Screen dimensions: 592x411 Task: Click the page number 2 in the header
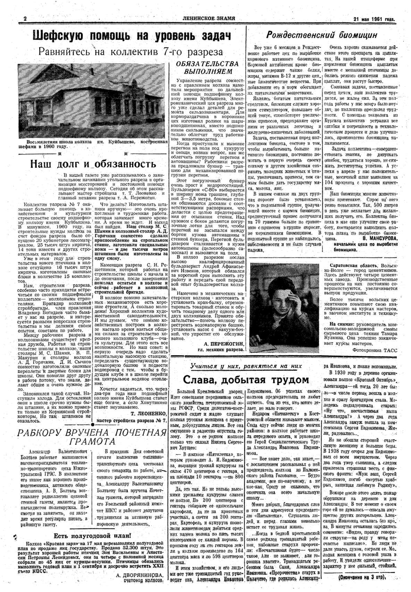tap(25, 19)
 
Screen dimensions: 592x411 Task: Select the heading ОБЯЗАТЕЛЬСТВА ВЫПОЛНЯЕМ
tap(208, 68)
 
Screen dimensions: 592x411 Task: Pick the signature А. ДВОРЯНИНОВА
tap(139, 574)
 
